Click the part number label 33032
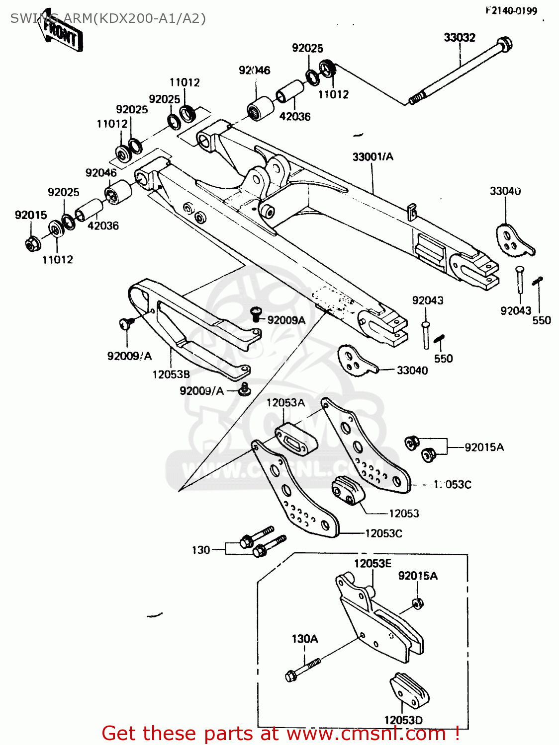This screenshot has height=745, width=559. pyautogui.click(x=459, y=38)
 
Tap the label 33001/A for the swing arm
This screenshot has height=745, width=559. pyautogui.click(x=373, y=157)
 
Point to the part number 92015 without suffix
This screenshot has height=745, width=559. pyautogui.click(x=31, y=215)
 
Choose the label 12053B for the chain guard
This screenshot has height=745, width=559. pyautogui.click(x=171, y=374)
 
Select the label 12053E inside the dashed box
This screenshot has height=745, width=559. pyautogui.click(x=373, y=563)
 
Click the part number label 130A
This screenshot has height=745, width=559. pyautogui.click(x=304, y=639)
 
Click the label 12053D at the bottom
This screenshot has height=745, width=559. pyautogui.click(x=403, y=720)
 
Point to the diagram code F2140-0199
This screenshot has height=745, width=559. pyautogui.click(x=511, y=10)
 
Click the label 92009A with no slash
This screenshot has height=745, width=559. pyautogui.click(x=286, y=320)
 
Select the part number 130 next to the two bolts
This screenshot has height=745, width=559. pyautogui.click(x=201, y=550)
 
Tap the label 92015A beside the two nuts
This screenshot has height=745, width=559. pyautogui.click(x=484, y=447)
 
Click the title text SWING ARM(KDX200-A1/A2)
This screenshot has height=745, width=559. pyautogui.click(x=108, y=19)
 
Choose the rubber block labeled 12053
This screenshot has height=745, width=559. pyautogui.click(x=348, y=490)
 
